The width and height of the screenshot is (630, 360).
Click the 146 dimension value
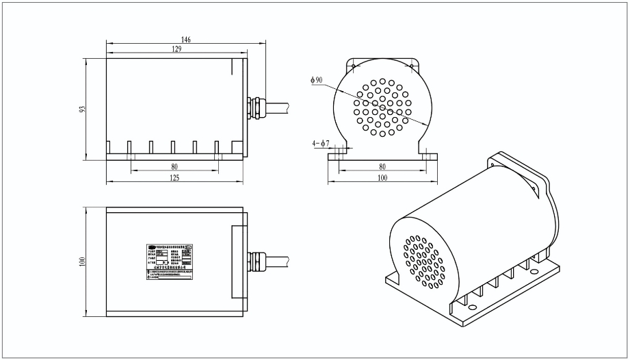186,40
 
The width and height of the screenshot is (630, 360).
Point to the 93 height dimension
81,110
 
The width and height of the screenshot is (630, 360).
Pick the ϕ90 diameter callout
316,80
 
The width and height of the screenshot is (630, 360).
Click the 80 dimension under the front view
382,166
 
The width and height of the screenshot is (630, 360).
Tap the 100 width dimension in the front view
382,178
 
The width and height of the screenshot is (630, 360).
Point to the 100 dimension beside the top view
81,260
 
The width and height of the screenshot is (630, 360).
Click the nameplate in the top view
168,261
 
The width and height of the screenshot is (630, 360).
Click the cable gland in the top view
255,261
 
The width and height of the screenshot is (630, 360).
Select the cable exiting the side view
276,107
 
